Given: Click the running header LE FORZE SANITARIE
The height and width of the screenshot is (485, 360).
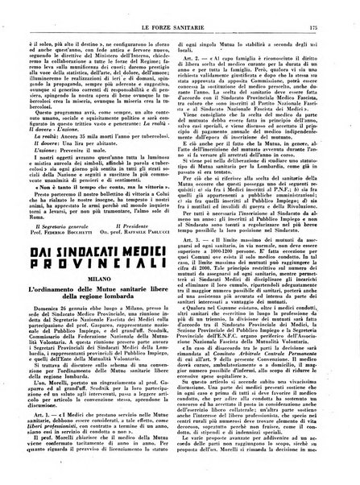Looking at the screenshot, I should click(x=180, y=10).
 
